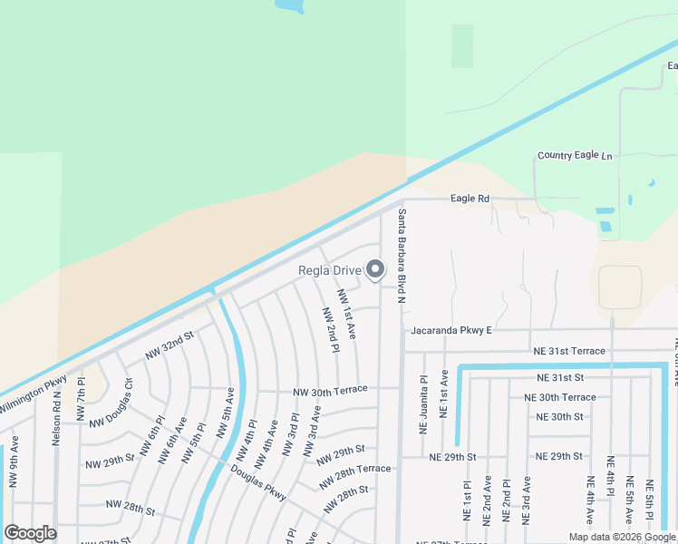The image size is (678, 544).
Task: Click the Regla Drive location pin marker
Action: tap(375, 269)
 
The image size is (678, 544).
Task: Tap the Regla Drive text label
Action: tap(330, 270)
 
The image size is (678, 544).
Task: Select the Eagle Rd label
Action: tap(470, 199)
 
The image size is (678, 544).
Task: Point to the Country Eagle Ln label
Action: tap(575, 156)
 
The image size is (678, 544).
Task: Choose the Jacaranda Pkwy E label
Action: tap(450, 331)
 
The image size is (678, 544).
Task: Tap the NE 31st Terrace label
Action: tap(569, 351)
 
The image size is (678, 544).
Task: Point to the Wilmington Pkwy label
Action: tap(33, 396)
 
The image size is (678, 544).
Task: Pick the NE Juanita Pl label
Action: tap(422, 403)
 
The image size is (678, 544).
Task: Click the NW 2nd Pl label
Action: tap(330, 329)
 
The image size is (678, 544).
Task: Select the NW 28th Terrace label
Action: tap(354, 470)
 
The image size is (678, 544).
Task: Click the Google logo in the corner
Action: tap(30, 533)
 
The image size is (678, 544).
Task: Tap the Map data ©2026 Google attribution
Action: tap(622, 537)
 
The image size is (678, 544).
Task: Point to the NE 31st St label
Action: tap(559, 377)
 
